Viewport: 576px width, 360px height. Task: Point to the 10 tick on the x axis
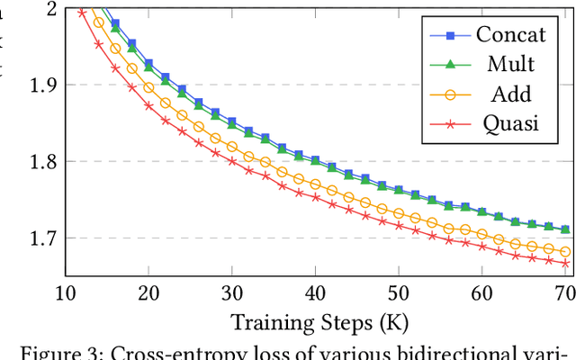(65, 294)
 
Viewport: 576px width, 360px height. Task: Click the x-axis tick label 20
(148, 294)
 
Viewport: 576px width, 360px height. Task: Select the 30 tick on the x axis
(232, 294)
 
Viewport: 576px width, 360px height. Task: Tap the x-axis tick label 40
(315, 294)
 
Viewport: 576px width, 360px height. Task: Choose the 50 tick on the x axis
(399, 294)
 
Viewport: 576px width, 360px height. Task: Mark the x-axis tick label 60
(482, 294)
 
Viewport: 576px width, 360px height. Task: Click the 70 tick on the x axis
(565, 294)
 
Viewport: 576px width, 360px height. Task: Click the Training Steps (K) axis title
(315, 321)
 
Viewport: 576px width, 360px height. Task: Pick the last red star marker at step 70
(565, 264)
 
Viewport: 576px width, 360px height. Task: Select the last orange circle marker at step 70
(565, 252)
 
